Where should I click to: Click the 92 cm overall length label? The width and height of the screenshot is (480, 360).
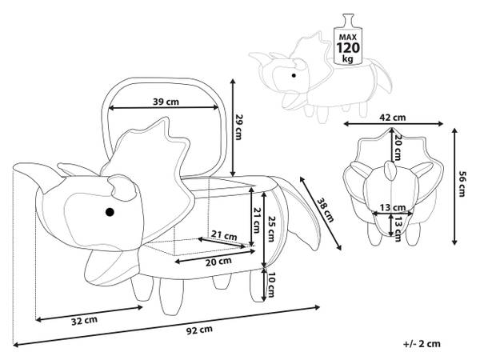(199, 330)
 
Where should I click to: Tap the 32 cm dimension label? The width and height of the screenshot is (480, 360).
(85, 321)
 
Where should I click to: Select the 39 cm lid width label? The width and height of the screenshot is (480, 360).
(166, 102)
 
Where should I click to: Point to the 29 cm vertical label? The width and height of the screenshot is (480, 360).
(238, 126)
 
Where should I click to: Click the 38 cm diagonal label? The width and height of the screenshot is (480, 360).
(325, 210)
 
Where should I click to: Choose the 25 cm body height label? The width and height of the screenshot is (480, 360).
(270, 229)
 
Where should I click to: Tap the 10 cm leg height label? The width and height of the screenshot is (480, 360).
(270, 285)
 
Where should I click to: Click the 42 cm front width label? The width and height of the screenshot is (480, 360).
(393, 118)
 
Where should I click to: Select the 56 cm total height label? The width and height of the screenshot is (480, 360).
(462, 184)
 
